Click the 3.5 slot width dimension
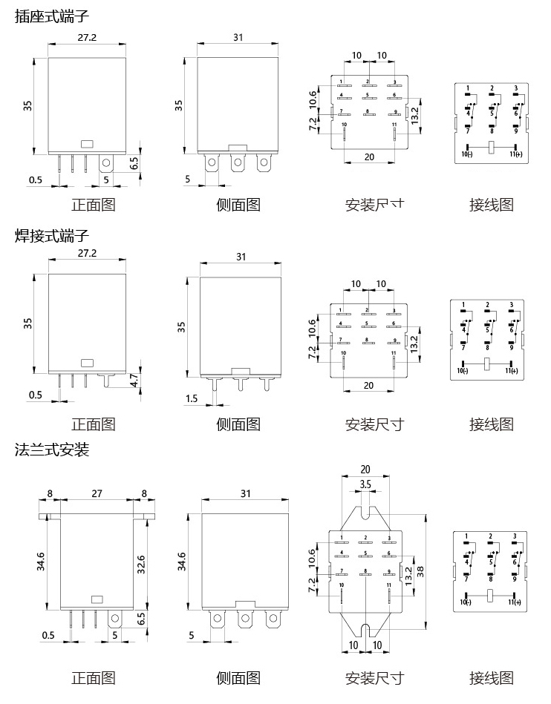click(x=365, y=484)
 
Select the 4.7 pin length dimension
click(x=134, y=381)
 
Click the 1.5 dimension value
click(x=192, y=399)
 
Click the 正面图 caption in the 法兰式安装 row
click(x=93, y=677)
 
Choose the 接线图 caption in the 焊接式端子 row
click(x=491, y=424)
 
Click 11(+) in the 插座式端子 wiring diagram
click(x=515, y=154)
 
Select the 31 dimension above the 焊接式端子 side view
click(x=241, y=257)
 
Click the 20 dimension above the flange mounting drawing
click(x=365, y=469)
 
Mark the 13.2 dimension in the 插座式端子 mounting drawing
click(x=415, y=114)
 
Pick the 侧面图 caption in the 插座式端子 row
click(x=238, y=204)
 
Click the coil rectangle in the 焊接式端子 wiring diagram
click(x=488, y=363)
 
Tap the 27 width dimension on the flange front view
click(x=97, y=493)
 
